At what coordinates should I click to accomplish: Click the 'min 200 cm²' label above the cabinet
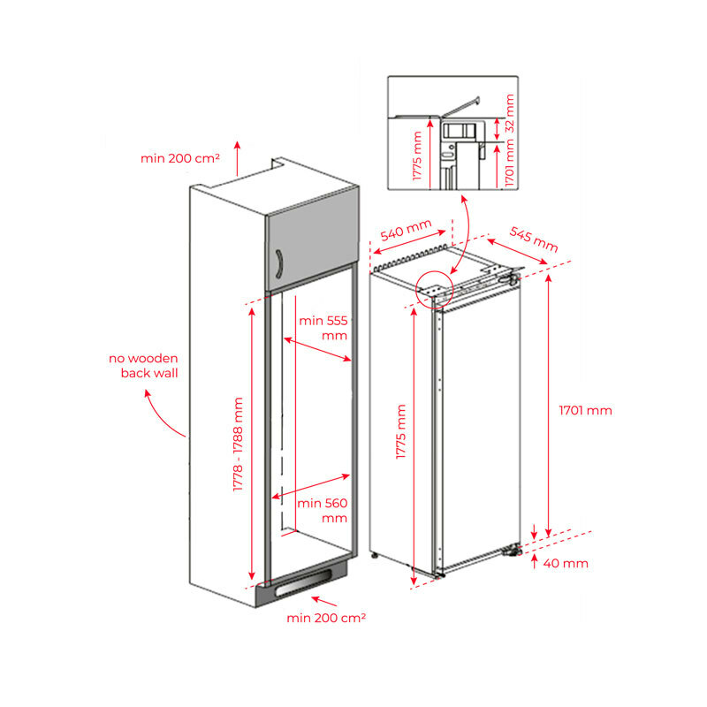tap(180, 158)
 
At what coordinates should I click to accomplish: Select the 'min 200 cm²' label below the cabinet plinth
tap(326, 618)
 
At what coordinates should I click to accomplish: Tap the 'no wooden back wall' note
tap(143, 366)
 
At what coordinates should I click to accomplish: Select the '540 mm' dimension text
tap(406, 232)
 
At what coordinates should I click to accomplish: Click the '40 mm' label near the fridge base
tap(566, 563)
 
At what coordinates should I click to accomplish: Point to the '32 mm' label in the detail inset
tap(508, 110)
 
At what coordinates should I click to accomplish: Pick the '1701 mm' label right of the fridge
tap(585, 410)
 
